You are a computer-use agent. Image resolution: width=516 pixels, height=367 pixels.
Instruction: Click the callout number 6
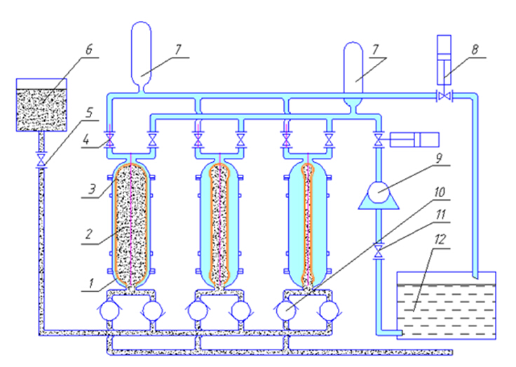89,52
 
